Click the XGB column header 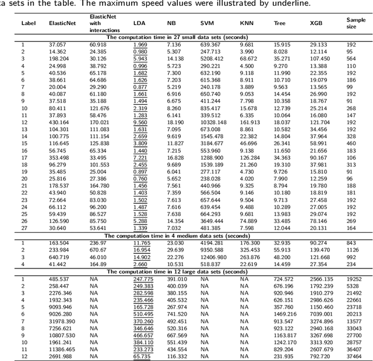[x=315, y=23]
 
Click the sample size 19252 [x=353, y=279]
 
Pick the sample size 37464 [x=353, y=356]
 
